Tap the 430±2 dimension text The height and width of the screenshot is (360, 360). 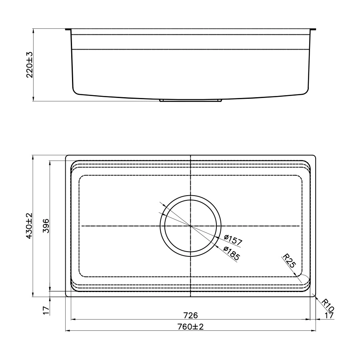click(29, 226)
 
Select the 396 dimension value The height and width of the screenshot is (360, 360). click(46, 226)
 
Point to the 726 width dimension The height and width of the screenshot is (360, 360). click(190, 316)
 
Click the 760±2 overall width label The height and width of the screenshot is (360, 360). click(190, 326)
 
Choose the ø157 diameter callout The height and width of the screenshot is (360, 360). click(233, 240)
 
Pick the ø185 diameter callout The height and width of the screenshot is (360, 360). click(232, 253)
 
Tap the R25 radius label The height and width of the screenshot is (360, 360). click(289, 261)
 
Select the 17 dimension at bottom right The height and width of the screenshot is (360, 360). click(329, 316)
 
